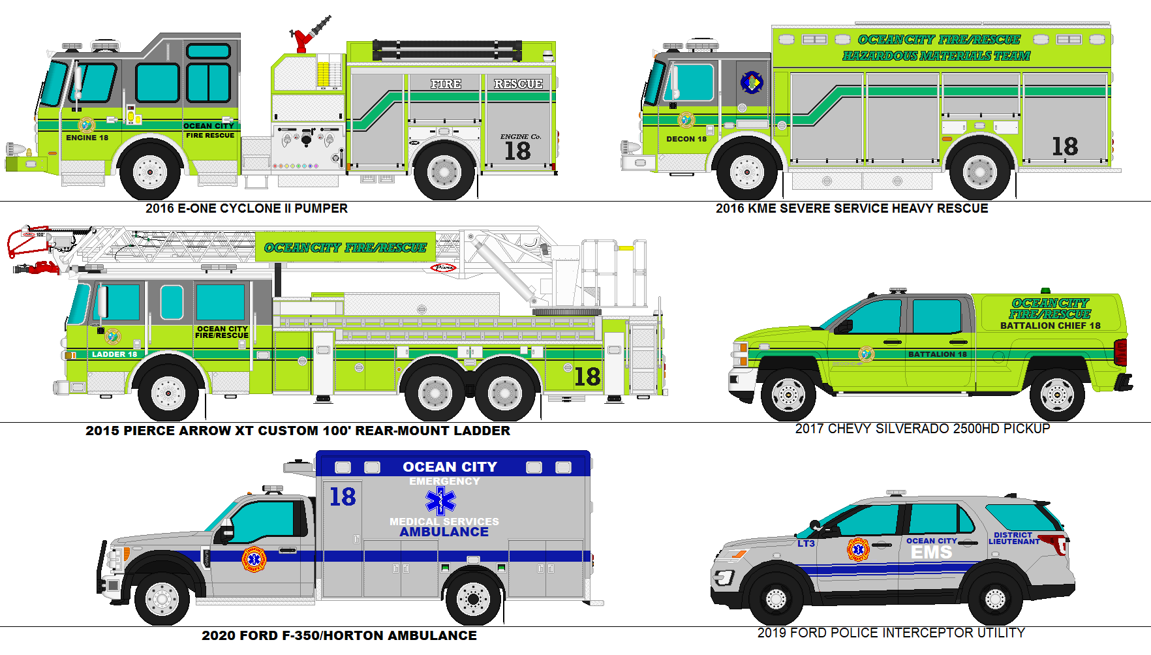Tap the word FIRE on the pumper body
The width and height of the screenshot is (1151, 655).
(x=446, y=84)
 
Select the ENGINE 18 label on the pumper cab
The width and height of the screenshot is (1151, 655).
(x=87, y=138)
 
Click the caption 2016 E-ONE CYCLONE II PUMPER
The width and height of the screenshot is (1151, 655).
(x=246, y=209)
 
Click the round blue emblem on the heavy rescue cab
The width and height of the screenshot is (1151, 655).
(x=752, y=82)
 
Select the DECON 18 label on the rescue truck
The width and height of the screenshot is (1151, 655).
(x=686, y=139)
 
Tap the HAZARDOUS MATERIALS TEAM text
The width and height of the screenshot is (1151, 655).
(x=936, y=56)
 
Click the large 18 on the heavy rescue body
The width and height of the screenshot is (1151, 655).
(x=1064, y=146)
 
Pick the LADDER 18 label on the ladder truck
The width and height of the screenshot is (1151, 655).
(x=114, y=354)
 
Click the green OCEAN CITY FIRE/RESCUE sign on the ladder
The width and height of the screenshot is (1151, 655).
(x=345, y=247)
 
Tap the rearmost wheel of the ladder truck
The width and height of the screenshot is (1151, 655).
(x=504, y=393)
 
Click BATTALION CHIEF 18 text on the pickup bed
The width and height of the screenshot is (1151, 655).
(x=1050, y=326)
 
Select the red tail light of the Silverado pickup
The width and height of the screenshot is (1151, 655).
(x=1120, y=352)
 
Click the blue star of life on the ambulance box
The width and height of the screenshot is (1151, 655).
(x=441, y=501)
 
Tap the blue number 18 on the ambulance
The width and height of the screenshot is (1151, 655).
(x=343, y=497)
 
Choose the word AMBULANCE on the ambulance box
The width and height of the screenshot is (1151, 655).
(x=444, y=532)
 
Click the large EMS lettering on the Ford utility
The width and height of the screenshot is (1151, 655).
(x=931, y=553)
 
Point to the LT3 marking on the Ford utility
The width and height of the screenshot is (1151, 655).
(x=806, y=543)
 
